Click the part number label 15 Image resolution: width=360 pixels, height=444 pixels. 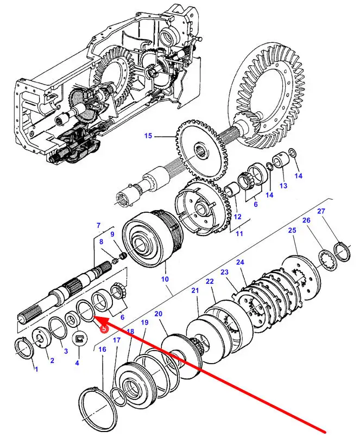[148, 136]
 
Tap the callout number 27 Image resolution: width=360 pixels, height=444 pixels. [321, 211]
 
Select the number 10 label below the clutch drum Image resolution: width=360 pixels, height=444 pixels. [165, 279]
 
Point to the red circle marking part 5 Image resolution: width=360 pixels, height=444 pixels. [104, 329]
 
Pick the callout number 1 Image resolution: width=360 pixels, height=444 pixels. [36, 369]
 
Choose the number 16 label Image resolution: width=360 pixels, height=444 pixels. [102, 349]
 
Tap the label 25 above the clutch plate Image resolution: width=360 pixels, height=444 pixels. [292, 230]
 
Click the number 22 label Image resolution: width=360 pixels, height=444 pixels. [210, 281]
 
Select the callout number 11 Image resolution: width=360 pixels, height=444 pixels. [239, 233]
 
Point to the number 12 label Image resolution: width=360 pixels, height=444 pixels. [237, 217]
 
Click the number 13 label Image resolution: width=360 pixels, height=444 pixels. [283, 186]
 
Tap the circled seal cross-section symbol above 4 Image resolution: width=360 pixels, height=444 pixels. [79, 339]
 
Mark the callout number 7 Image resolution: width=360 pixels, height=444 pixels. [98, 225]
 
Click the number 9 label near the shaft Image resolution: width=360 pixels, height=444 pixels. [112, 234]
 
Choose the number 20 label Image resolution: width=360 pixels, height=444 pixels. [159, 314]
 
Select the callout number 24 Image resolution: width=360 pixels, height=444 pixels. [240, 262]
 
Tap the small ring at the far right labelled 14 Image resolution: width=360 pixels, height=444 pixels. [292, 153]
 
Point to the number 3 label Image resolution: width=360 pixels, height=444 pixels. [66, 351]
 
